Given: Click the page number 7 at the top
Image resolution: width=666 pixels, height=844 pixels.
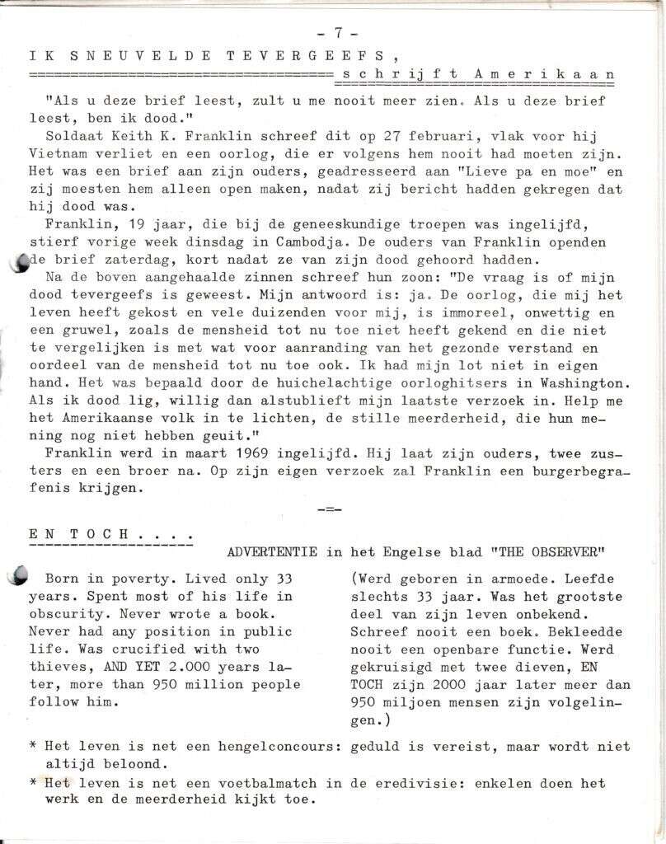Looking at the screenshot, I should tap(338, 33).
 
